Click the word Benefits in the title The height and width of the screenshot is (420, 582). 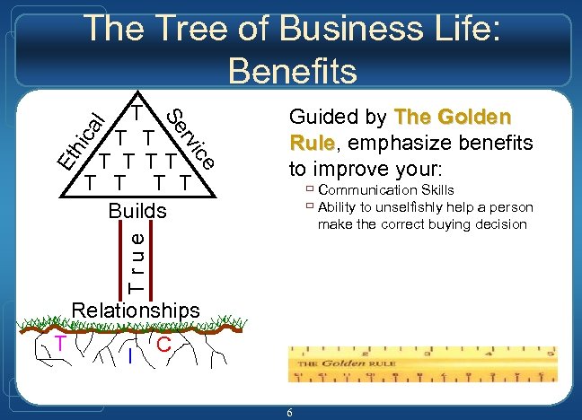tap(294, 69)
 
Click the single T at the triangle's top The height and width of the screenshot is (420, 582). tap(136, 113)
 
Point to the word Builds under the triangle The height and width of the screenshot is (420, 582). tap(137, 212)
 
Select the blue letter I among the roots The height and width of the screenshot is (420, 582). tap(131, 357)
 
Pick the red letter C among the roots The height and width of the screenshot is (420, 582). tap(163, 344)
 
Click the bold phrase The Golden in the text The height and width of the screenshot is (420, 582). tap(453, 118)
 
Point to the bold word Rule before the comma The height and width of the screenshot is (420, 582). tap(311, 144)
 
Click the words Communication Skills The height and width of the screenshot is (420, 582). tap(385, 190)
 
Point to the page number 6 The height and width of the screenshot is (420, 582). tap(290, 412)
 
